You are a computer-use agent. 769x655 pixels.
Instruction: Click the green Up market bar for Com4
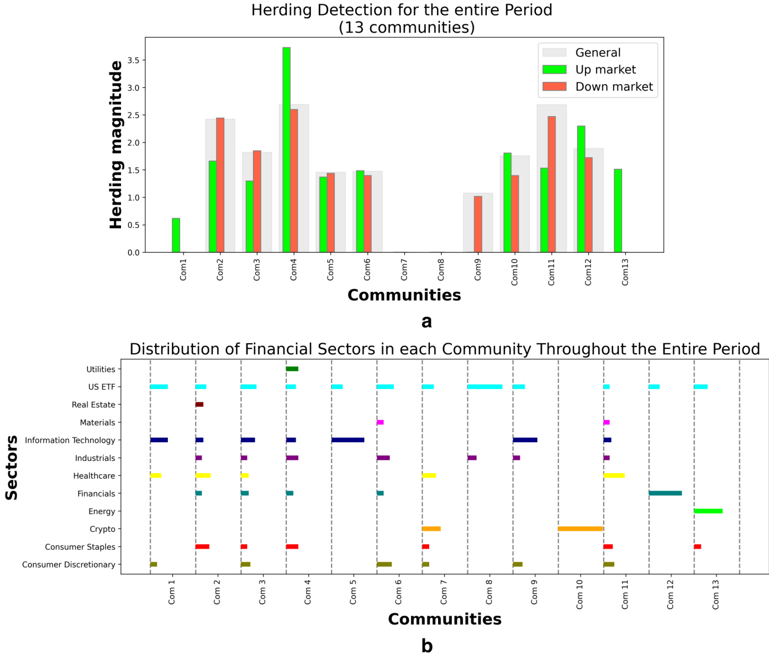click(x=286, y=150)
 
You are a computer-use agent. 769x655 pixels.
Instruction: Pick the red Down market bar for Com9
click(x=478, y=224)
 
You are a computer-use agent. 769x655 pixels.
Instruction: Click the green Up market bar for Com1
click(x=176, y=235)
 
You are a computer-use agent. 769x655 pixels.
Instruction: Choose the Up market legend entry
click(x=605, y=70)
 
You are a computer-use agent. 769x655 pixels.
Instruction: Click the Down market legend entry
click(x=613, y=87)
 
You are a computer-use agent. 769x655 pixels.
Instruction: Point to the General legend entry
click(x=598, y=53)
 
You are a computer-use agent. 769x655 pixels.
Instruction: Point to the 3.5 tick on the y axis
click(x=133, y=60)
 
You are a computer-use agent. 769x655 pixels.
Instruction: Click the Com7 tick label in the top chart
click(x=404, y=269)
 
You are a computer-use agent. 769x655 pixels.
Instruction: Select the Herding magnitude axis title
click(x=115, y=145)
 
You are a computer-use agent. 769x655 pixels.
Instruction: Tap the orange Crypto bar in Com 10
click(x=580, y=529)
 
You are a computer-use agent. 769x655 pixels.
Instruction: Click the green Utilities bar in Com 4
click(x=292, y=369)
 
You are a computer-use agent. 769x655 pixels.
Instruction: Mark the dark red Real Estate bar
click(x=199, y=405)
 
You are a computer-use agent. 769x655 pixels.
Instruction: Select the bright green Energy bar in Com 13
click(x=708, y=511)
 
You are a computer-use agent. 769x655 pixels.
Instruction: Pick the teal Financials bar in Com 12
click(x=665, y=493)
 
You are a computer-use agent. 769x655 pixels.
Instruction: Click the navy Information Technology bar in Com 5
click(x=347, y=440)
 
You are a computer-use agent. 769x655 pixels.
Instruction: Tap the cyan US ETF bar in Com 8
click(x=484, y=387)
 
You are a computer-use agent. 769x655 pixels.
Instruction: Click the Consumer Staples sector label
click(x=80, y=547)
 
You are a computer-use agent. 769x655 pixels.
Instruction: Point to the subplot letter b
click(x=426, y=646)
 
